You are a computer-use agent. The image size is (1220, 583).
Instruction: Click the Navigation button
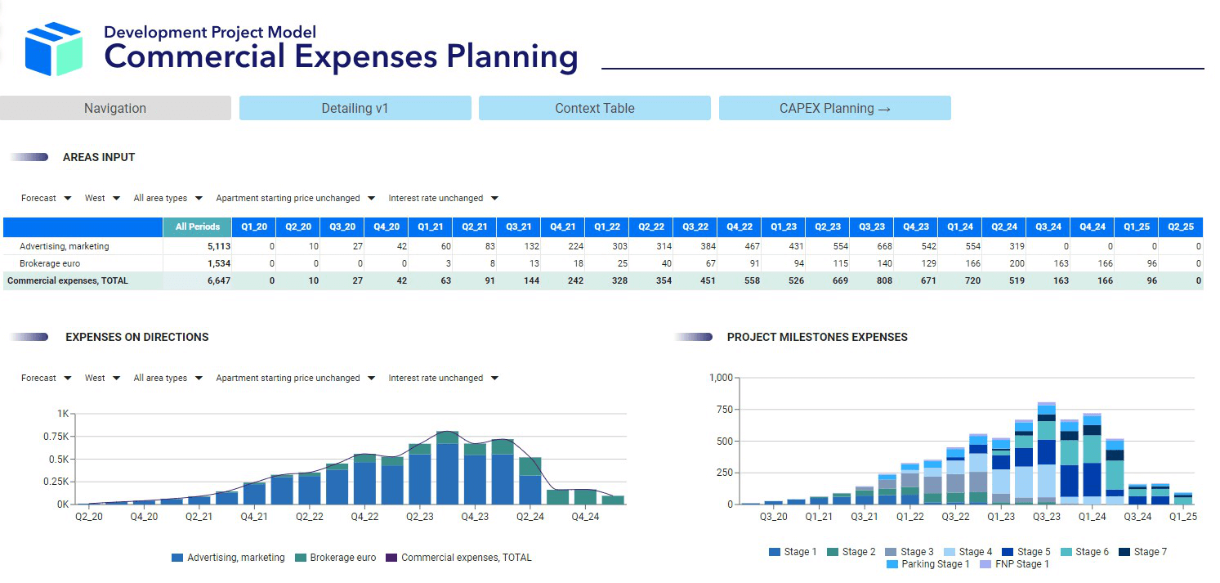click(115, 108)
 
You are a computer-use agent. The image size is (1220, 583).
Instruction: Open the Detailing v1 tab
click(355, 108)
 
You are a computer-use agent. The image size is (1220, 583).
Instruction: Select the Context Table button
click(594, 108)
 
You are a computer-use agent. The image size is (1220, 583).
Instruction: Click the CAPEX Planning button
click(834, 108)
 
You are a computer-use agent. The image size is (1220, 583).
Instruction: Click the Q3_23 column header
click(871, 226)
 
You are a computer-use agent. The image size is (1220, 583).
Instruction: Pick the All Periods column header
click(197, 226)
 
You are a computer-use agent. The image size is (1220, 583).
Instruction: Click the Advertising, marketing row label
click(65, 246)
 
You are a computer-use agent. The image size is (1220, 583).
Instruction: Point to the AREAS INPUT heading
click(99, 157)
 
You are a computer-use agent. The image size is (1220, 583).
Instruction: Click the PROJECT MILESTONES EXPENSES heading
click(817, 337)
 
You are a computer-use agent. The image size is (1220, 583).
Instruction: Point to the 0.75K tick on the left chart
click(56, 437)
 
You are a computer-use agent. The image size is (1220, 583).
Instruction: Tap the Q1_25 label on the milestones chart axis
click(1182, 517)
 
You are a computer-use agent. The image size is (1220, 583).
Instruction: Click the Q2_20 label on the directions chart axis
click(88, 517)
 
